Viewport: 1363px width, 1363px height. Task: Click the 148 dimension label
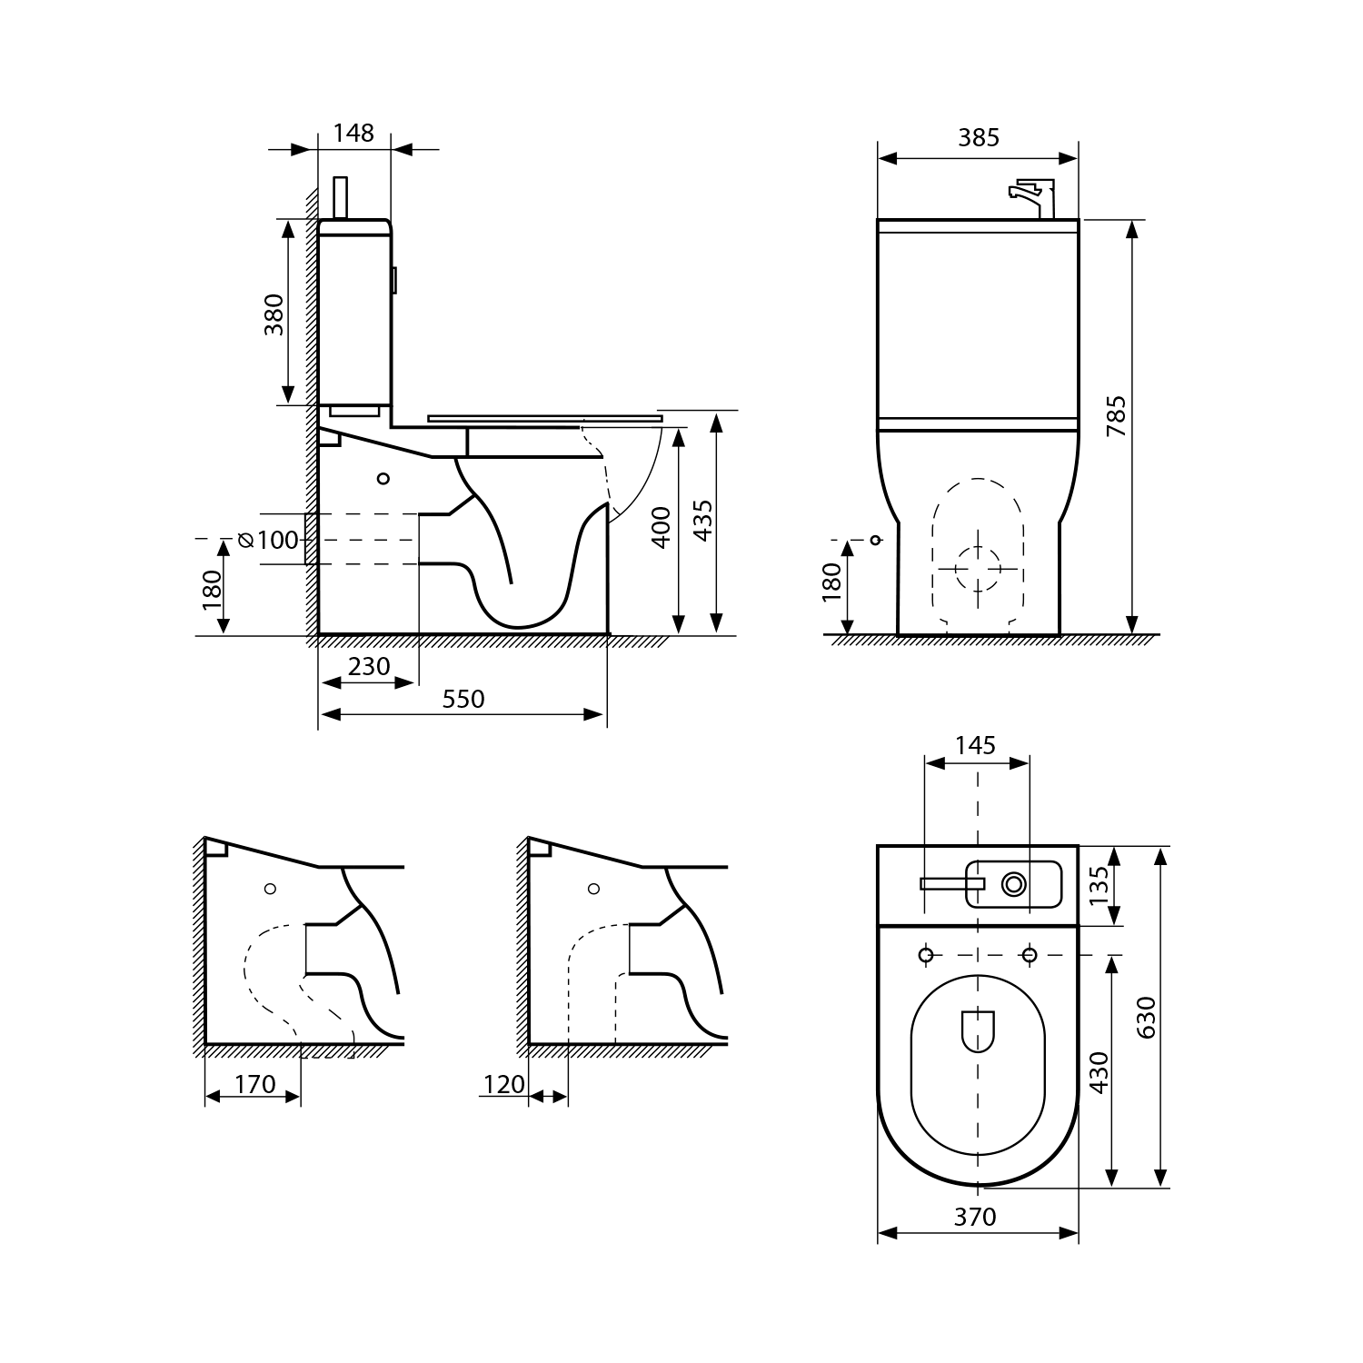[353, 134]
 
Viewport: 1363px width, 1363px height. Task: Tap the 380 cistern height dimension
[274, 314]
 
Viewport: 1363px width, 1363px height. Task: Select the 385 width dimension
[979, 137]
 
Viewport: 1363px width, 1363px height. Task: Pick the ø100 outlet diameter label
[268, 541]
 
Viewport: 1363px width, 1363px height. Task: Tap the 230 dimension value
[369, 666]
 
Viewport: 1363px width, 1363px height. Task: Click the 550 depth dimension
[463, 699]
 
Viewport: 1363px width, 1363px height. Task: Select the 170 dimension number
[254, 1084]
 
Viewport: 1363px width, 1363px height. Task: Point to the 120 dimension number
[504, 1084]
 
